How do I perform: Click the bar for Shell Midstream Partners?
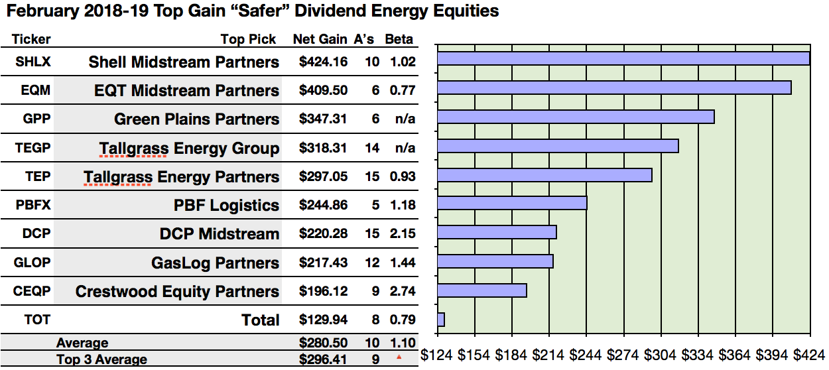pos(623,58)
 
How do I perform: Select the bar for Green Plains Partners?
pos(576,117)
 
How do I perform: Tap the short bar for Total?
pos(441,320)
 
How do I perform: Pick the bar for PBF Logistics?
pos(512,204)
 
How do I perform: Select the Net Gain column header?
pos(320,39)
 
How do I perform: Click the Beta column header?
pos(399,39)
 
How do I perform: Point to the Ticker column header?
pos(31,39)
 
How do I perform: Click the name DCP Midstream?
pos(220,234)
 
